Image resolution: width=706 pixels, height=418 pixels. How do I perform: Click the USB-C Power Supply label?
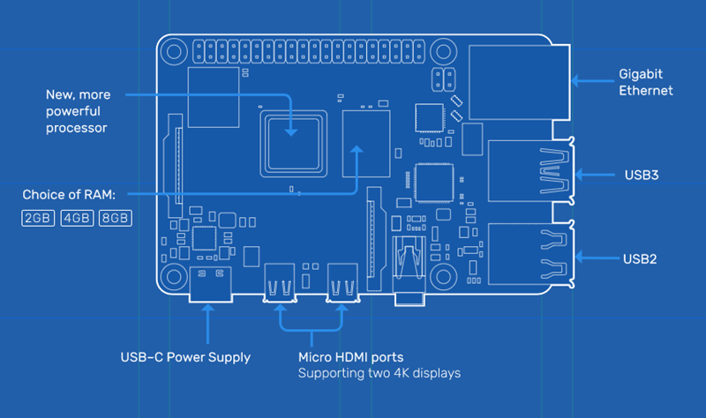coord(185,357)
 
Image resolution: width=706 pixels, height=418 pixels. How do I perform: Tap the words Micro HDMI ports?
coord(350,357)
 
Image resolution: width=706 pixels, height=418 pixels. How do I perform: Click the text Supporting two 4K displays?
coord(379,373)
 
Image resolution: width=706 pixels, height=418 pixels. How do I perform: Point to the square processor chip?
coord(291,140)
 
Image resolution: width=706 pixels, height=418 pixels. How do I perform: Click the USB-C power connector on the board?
coord(209,284)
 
